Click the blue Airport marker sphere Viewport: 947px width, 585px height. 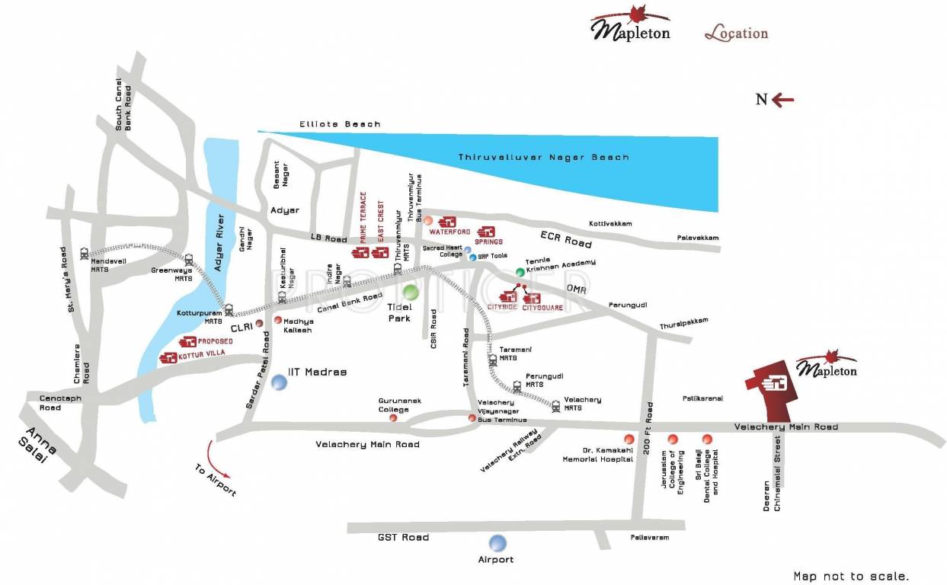[x=497, y=543]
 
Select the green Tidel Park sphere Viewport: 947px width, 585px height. [x=411, y=292]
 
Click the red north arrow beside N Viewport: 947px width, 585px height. [x=783, y=99]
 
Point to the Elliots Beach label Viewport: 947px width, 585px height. [x=340, y=124]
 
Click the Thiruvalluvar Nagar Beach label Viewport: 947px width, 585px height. [x=543, y=157]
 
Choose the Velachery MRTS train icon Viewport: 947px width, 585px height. [x=556, y=407]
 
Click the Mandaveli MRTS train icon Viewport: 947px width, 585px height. [x=84, y=254]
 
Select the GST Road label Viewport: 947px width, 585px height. [x=403, y=537]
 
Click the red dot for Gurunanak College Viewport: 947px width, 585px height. [x=393, y=417]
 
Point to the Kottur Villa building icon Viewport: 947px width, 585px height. [x=168, y=358]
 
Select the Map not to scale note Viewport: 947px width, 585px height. [x=851, y=577]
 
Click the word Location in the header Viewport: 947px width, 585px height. [x=736, y=34]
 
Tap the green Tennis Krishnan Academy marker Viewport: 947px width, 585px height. [x=520, y=271]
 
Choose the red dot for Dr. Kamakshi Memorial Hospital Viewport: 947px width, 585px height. [x=629, y=439]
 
